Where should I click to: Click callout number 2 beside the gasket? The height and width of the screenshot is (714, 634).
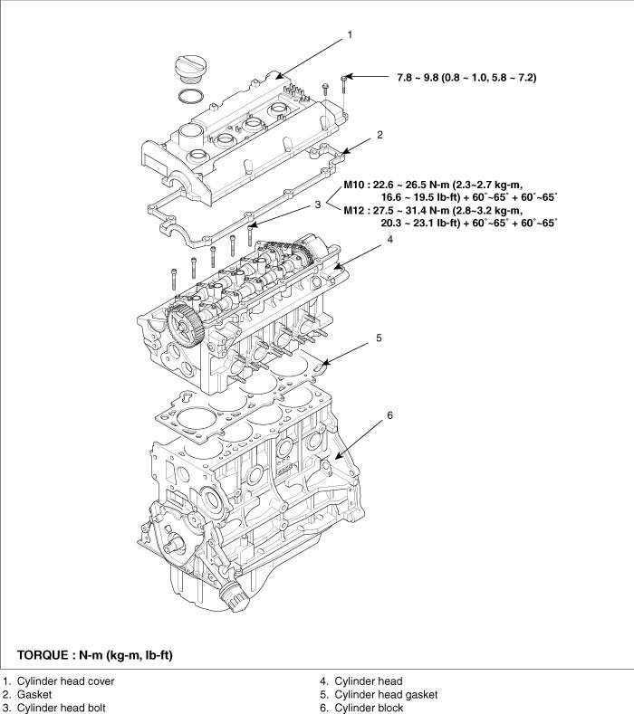(379, 135)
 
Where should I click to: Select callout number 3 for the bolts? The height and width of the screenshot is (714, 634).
(318, 205)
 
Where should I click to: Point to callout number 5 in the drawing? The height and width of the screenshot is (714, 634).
(379, 338)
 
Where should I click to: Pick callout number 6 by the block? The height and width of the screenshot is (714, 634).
(389, 414)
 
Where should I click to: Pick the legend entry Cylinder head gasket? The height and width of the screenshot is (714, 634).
(385, 694)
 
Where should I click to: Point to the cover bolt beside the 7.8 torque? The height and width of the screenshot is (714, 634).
(344, 83)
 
